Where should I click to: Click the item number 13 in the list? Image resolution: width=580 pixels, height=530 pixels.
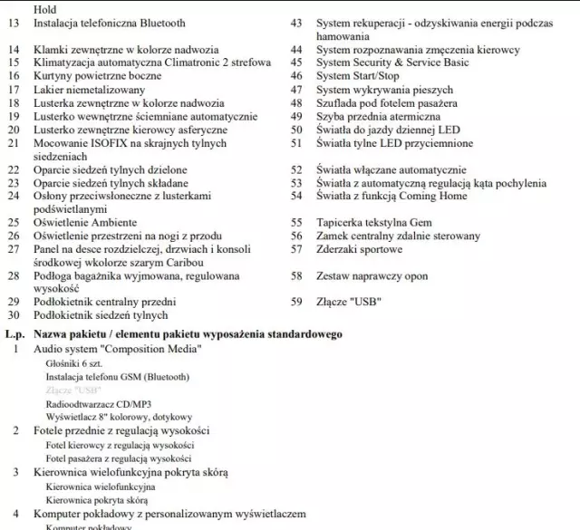click(x=13, y=23)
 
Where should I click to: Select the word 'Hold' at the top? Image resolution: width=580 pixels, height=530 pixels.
click(x=44, y=9)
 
